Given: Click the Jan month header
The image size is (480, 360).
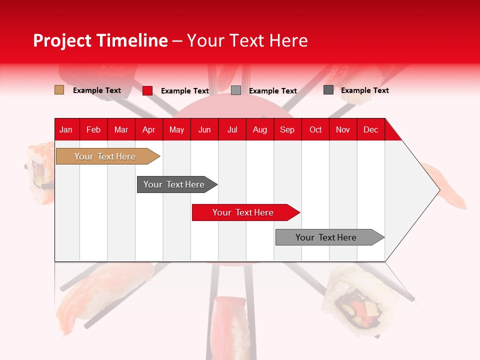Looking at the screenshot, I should (x=66, y=129).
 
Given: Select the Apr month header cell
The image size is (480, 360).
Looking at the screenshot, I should (x=149, y=129).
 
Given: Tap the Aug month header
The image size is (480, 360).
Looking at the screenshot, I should (x=260, y=129).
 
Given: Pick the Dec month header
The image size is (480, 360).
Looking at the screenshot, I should (x=370, y=129).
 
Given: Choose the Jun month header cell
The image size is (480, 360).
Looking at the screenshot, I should (x=204, y=129).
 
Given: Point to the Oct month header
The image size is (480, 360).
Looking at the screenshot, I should (x=315, y=129).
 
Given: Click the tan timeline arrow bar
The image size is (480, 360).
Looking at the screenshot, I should (x=105, y=156).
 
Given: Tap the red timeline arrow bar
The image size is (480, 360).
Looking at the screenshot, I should (x=243, y=212).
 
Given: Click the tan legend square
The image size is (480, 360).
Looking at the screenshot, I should (x=59, y=90).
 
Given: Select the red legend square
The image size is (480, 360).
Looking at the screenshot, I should (x=147, y=90).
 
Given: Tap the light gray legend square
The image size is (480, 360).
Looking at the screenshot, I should (x=236, y=90).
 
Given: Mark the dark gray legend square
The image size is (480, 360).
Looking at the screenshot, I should (x=328, y=90).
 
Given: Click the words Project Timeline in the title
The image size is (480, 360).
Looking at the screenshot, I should (x=100, y=40).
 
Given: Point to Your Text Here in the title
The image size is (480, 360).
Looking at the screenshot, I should (x=247, y=40).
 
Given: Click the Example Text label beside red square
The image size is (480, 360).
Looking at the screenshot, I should (x=184, y=91).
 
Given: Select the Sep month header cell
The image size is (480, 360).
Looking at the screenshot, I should (x=287, y=129).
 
